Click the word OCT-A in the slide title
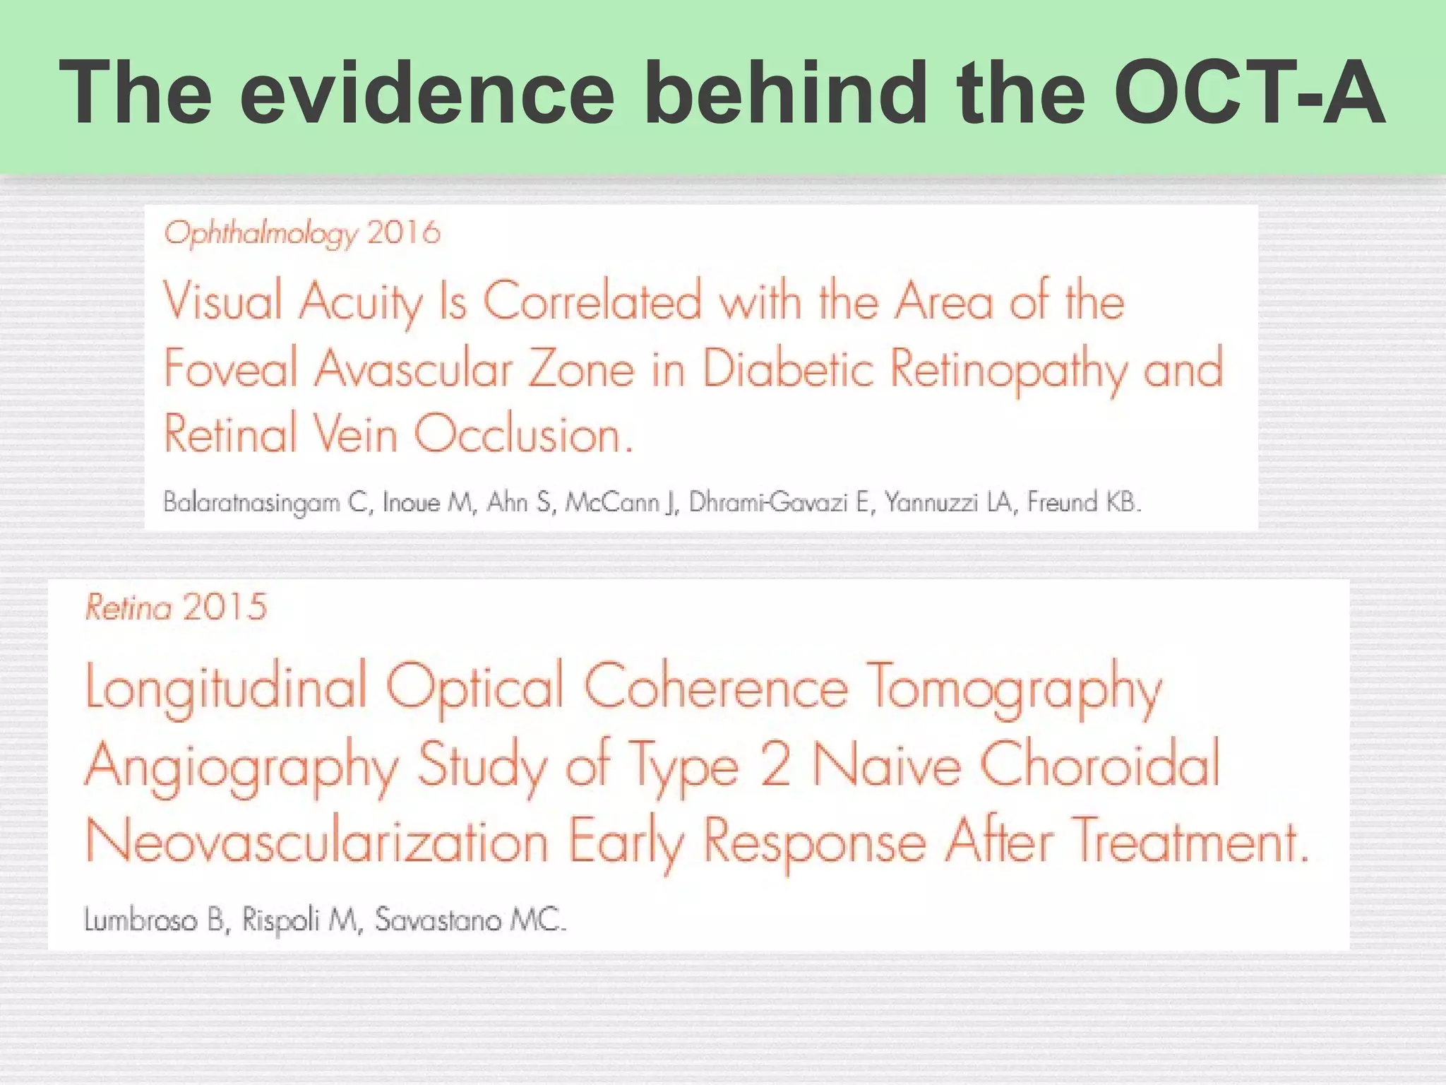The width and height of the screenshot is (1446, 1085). click(x=1250, y=93)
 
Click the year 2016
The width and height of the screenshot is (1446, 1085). click(x=404, y=232)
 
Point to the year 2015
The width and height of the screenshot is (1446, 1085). click(x=224, y=607)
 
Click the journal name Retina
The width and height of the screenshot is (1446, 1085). click(x=129, y=607)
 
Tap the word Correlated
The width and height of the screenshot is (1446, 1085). click(x=592, y=302)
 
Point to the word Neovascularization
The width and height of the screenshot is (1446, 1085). click(x=317, y=842)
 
